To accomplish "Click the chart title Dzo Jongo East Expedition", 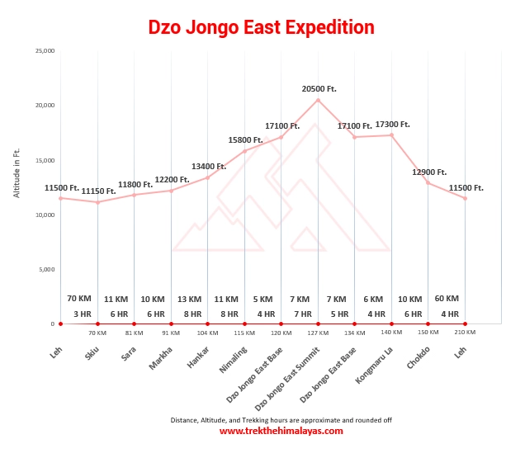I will tap(262, 27).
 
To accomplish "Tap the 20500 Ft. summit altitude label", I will tap(319, 88).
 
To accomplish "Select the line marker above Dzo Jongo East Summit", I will tap(318, 100).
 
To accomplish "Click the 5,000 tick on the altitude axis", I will tap(45, 269).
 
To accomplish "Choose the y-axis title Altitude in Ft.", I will tap(17, 173).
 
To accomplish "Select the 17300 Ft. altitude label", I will tap(392, 125).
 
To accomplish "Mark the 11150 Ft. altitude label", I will tap(98, 191).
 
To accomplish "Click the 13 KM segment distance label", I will tap(189, 299).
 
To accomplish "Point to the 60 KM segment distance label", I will tap(447, 299).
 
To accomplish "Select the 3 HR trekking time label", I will tap(83, 314).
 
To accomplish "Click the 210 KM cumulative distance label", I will tap(465, 333).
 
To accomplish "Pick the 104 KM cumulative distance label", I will tap(208, 333).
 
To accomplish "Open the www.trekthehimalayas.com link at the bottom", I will tap(281, 431).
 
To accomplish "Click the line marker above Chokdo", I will tap(428, 182).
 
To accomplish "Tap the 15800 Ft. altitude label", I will tap(245, 140).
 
